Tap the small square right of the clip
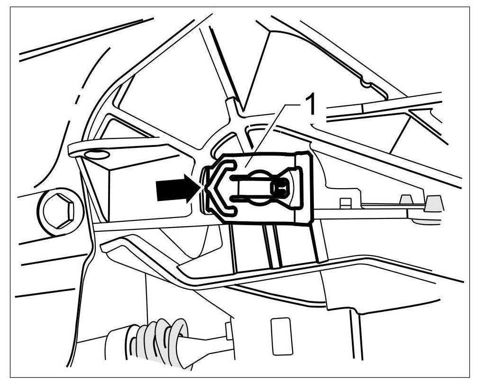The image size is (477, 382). coord(346,203)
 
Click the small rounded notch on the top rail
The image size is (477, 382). coord(366,83)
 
